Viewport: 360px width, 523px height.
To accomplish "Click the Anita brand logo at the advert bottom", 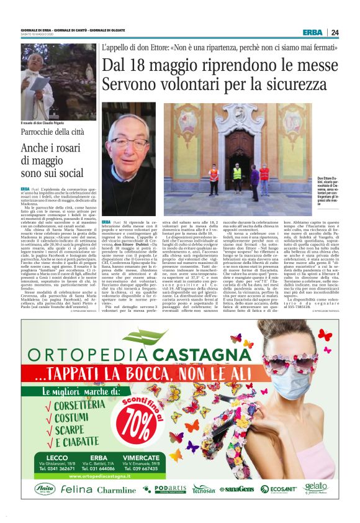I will pos(44,489).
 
